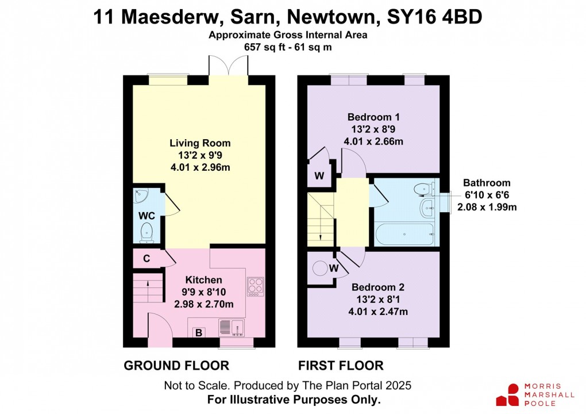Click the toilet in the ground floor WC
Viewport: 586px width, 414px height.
(x=146, y=232)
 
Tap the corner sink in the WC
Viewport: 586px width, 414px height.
(x=140, y=196)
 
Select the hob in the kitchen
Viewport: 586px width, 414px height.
(x=254, y=286)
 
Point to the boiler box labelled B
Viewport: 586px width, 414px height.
(x=199, y=332)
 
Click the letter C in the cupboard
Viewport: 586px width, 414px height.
(x=146, y=259)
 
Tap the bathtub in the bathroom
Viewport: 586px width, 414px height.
(x=404, y=234)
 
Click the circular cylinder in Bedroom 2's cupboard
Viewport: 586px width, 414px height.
(x=319, y=269)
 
